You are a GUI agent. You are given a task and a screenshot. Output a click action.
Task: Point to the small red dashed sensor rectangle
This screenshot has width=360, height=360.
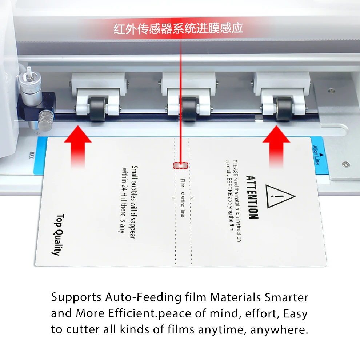[181, 165]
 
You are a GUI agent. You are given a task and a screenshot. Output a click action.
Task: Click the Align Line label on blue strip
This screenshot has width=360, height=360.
[316, 155]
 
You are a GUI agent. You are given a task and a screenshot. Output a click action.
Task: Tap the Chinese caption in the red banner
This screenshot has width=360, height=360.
[178, 28]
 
